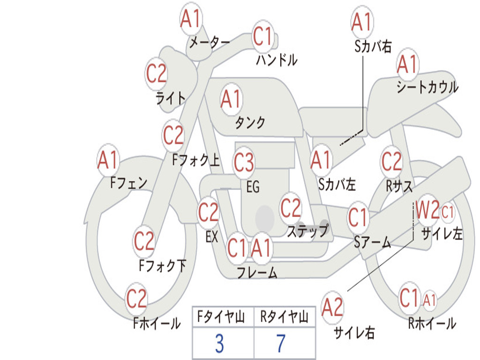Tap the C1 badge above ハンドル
tap(263, 37)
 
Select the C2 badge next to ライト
tap(156, 74)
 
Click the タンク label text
tap(250, 123)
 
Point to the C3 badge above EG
tap(244, 163)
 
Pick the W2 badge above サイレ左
tap(427, 212)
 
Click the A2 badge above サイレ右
tap(332, 307)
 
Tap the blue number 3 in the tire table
tap(219, 344)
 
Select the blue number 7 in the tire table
tap(281, 344)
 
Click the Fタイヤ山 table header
tap(221, 318)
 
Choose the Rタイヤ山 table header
tap(284, 318)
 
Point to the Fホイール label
tap(157, 323)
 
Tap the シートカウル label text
tap(427, 88)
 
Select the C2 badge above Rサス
tap(391, 162)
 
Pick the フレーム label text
tap(256, 272)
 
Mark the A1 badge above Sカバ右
tap(361, 22)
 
